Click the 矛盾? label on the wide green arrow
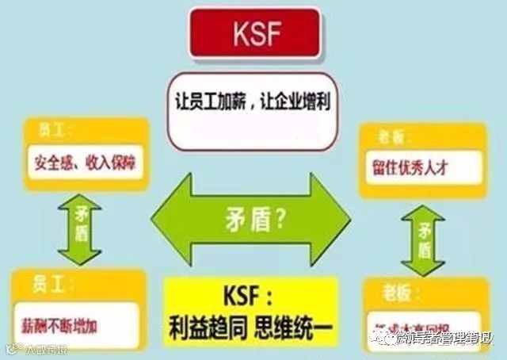(251, 218)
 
